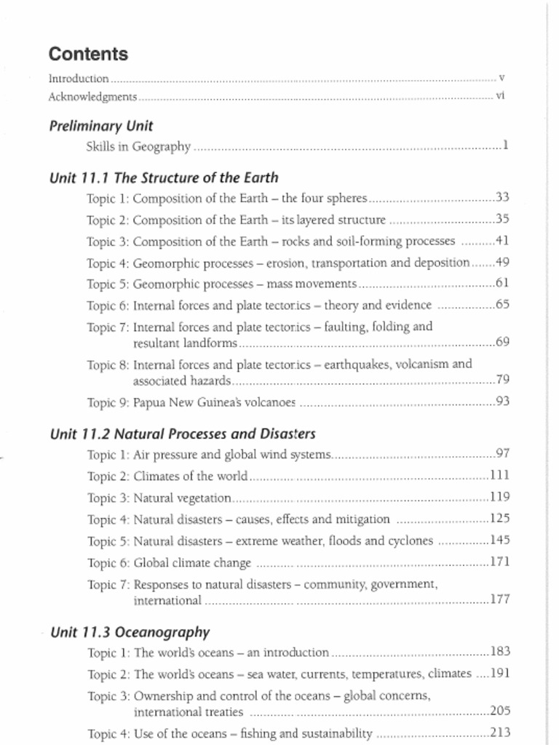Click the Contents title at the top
(88, 55)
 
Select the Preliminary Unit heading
(101, 126)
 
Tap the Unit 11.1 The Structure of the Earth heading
(164, 178)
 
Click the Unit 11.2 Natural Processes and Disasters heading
(183, 434)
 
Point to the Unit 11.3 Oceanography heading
(130, 632)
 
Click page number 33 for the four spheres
(502, 197)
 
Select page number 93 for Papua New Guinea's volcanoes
(502, 401)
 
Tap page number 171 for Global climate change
(499, 562)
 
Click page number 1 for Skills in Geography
(505, 146)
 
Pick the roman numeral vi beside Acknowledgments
(500, 96)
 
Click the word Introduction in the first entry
(79, 78)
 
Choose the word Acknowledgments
(92, 97)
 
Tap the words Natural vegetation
(183, 498)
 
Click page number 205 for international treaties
(499, 712)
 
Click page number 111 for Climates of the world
(499, 475)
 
